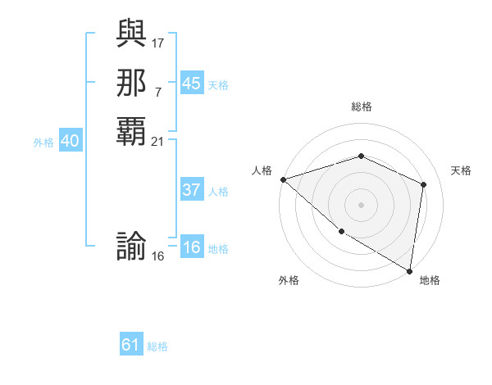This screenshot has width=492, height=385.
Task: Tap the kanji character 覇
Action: tap(132, 130)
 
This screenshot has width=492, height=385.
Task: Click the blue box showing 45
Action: tap(191, 83)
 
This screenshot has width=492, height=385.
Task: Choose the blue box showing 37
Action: tap(191, 190)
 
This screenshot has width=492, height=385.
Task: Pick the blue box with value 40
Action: tap(71, 141)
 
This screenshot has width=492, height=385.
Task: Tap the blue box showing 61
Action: tap(131, 345)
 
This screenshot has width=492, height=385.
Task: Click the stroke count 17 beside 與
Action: tap(158, 42)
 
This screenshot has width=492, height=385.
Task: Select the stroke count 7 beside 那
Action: tap(158, 92)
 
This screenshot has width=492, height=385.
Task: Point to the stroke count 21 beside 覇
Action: tap(158, 142)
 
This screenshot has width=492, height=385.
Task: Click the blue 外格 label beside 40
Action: tap(43, 143)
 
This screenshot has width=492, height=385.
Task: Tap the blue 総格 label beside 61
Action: tap(157, 346)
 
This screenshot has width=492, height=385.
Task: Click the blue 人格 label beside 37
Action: tap(218, 192)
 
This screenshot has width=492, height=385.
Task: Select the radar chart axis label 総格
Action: tap(362, 106)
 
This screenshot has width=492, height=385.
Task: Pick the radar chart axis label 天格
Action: tap(461, 170)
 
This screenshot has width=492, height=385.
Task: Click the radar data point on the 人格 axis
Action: tap(283, 179)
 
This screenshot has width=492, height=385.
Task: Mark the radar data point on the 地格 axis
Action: tap(409, 269)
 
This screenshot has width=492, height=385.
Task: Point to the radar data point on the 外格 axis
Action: tap(341, 232)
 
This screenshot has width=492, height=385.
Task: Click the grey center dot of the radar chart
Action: tap(362, 204)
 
